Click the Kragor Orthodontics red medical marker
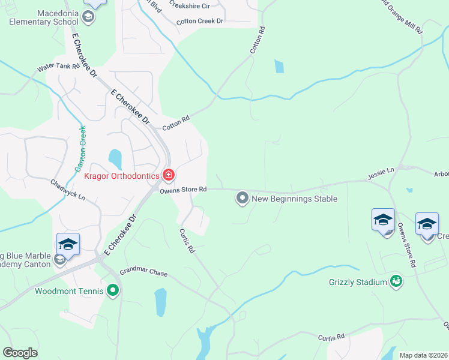pos(169,175)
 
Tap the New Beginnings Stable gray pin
pos(243,197)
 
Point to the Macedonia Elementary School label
pos(40,17)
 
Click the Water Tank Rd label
pos(58,68)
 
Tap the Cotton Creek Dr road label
pos(199,22)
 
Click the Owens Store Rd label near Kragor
pos(183,190)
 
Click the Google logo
pos(20,353)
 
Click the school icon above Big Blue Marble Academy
pos(68,245)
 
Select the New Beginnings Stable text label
pos(295,199)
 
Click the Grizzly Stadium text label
pos(358,282)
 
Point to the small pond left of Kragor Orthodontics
pos(115,159)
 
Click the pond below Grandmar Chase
pos(160,302)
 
